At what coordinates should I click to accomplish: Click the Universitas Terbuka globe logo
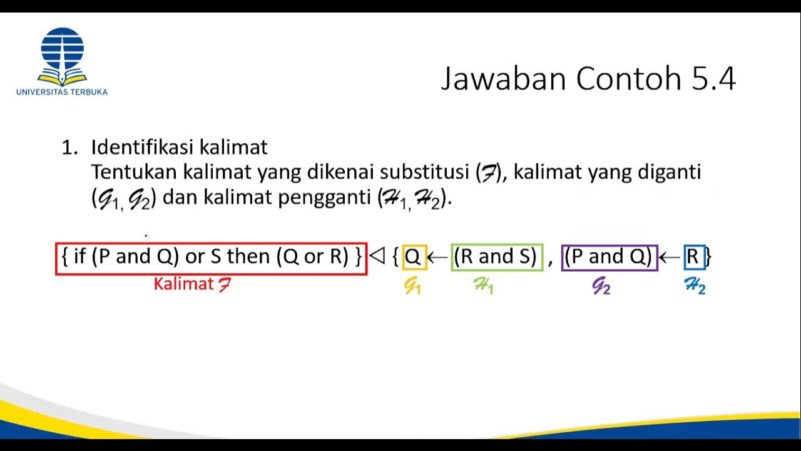pyautogui.click(x=62, y=55)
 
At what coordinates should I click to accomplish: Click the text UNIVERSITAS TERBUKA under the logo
pyautogui.click(x=62, y=92)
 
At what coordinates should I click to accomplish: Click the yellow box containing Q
pyautogui.click(x=414, y=257)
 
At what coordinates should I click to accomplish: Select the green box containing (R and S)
pyautogui.click(x=496, y=257)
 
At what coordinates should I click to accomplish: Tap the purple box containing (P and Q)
pyautogui.click(x=609, y=257)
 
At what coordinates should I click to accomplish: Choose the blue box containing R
pyautogui.click(x=694, y=257)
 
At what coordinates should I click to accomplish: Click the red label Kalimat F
pyautogui.click(x=192, y=284)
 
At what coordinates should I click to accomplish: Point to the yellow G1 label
pyautogui.click(x=412, y=286)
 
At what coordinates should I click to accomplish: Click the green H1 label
pyautogui.click(x=483, y=286)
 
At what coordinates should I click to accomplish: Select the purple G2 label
pyautogui.click(x=601, y=286)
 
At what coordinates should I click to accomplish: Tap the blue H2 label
pyautogui.click(x=695, y=286)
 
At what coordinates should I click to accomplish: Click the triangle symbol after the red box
pyautogui.click(x=377, y=256)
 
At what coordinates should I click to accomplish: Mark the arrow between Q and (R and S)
pyautogui.click(x=438, y=257)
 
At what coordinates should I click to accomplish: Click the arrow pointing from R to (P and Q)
pyautogui.click(x=670, y=257)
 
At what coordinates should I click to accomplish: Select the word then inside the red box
pyautogui.click(x=249, y=257)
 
